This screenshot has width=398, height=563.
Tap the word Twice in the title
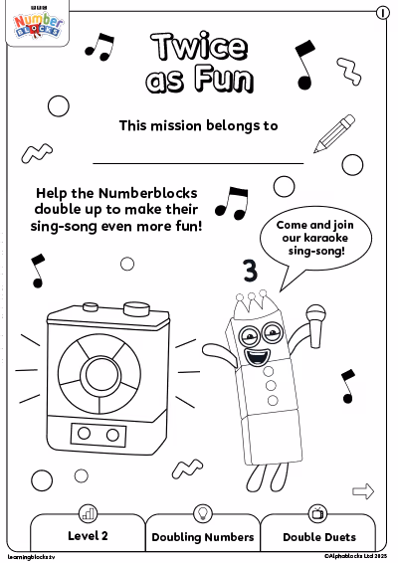coord(200,47)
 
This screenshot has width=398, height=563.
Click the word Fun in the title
coord(224,79)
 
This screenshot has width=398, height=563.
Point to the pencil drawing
coord(334,133)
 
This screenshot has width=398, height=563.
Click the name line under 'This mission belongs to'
coord(198,163)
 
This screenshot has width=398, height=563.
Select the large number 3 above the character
coord(251,271)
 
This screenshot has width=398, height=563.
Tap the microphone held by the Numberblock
coord(316,325)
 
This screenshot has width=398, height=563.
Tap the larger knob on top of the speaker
coord(136,308)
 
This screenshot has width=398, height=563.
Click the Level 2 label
coord(88,536)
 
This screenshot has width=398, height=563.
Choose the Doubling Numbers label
coord(203,537)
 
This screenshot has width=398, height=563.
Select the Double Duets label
coord(319,537)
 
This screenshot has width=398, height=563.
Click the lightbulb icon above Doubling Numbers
coord(203,513)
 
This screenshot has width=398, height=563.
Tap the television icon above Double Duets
coord(317,513)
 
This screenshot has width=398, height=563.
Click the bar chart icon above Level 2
coord(88,513)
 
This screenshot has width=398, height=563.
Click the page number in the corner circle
coord(383,13)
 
